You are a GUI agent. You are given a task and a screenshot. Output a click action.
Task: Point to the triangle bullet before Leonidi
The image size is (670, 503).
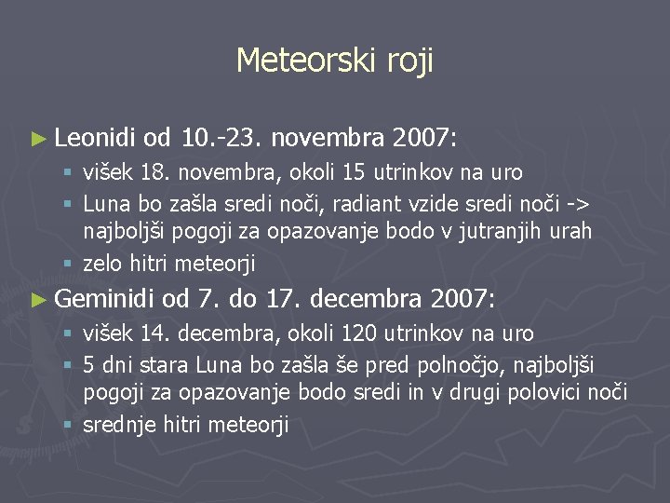coord(37,140)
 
